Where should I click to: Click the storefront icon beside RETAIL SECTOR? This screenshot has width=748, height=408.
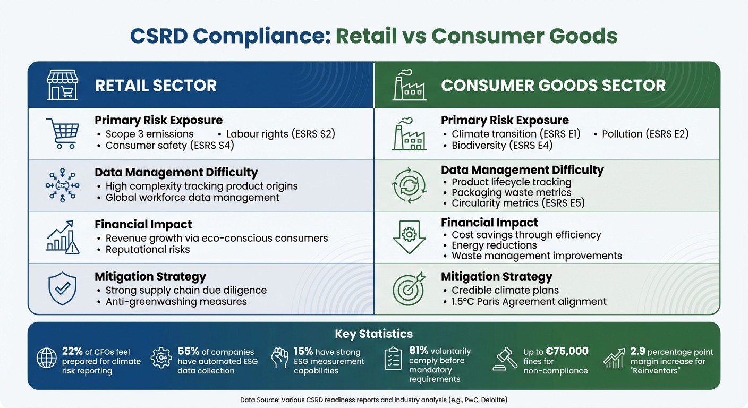[x=62, y=85]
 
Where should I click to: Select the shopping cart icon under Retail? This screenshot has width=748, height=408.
[x=62, y=133]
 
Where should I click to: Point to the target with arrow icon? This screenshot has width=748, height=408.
[x=408, y=288]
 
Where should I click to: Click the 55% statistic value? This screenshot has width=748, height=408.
[x=188, y=351]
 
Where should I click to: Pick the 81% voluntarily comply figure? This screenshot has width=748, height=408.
[x=418, y=351]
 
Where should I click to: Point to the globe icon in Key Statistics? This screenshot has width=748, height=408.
[x=47, y=358]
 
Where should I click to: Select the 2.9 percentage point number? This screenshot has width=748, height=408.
[x=637, y=351]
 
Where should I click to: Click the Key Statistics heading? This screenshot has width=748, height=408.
[x=373, y=334]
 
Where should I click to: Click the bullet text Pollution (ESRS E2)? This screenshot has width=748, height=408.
[x=644, y=134]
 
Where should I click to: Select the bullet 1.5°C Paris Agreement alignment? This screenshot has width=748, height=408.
[x=529, y=302]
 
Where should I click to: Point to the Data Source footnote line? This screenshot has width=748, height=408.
[x=373, y=399]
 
